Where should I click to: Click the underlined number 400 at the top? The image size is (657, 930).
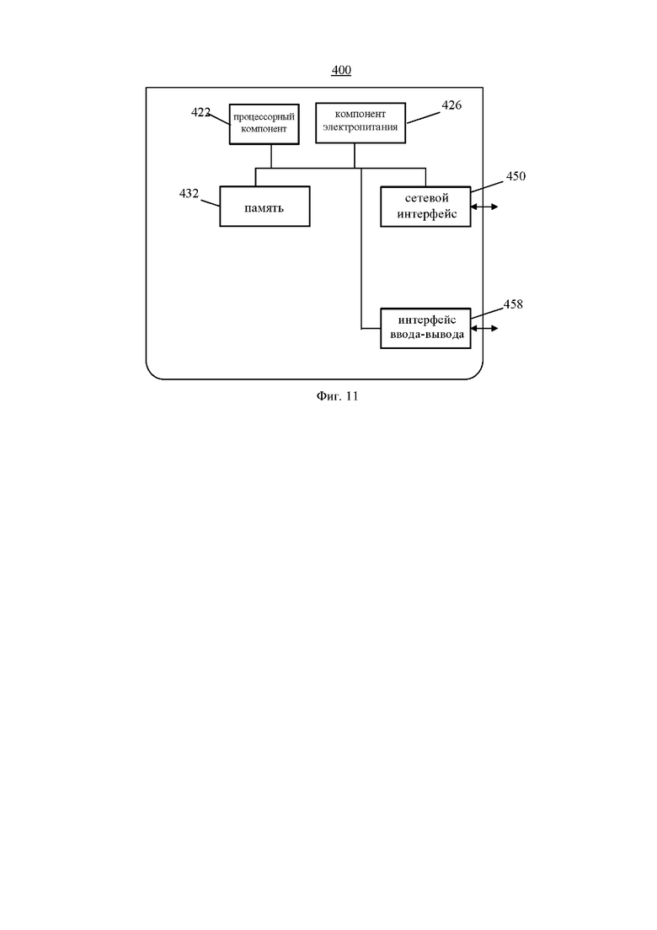point(341,70)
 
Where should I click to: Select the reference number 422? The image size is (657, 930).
point(200,112)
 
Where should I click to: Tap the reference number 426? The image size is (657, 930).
point(451,105)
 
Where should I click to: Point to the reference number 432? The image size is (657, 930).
point(189,193)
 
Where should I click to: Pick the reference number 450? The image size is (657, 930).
point(515,176)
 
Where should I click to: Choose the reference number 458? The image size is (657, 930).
point(513,304)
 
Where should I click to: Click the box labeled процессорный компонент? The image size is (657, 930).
point(264,124)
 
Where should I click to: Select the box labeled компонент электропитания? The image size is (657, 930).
point(361,123)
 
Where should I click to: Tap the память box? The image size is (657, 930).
point(264,207)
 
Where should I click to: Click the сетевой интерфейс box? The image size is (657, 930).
point(425,207)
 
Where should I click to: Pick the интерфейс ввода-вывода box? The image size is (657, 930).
point(425,328)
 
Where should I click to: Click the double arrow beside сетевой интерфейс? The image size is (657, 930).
point(484,207)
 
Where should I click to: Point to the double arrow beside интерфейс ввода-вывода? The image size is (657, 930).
point(484,328)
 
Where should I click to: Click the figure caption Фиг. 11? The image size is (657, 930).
point(337,396)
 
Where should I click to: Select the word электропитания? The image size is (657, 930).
point(361,127)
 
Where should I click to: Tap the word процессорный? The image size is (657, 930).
point(264,117)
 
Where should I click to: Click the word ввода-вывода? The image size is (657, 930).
point(426,335)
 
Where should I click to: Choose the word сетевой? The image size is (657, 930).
point(426,198)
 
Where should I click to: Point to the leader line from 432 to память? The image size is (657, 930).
point(211,203)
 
